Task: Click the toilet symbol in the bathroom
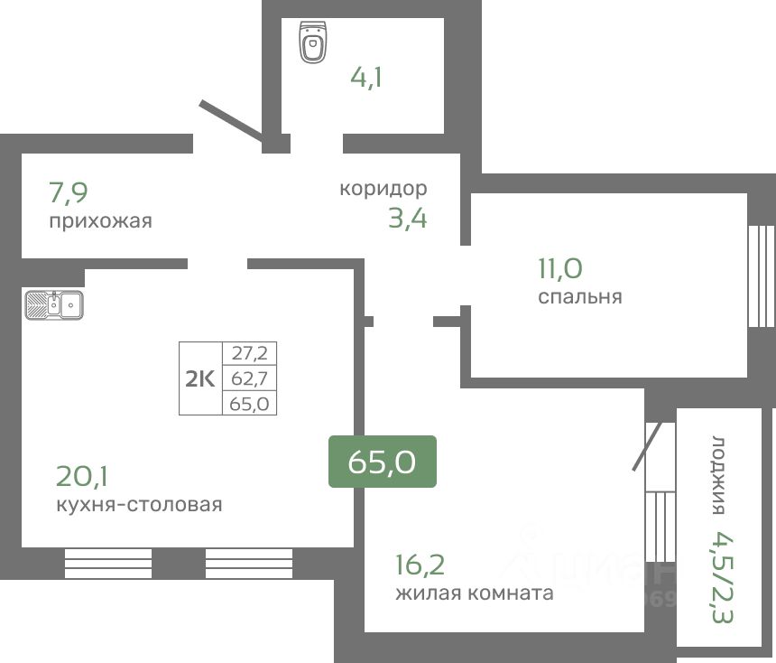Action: click(x=314, y=43)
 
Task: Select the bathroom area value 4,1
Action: click(x=366, y=77)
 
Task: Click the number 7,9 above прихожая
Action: click(x=69, y=192)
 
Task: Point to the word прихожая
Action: click(x=100, y=220)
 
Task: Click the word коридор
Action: click(x=383, y=189)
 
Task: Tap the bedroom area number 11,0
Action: click(x=560, y=268)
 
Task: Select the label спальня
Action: click(x=580, y=296)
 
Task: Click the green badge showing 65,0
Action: click(x=382, y=462)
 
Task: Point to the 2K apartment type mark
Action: click(x=200, y=379)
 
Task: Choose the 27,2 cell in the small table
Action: click(x=249, y=354)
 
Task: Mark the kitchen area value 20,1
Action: click(x=81, y=475)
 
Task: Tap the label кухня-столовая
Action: click(x=138, y=504)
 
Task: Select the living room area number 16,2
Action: click(x=420, y=565)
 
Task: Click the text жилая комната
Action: click(x=474, y=593)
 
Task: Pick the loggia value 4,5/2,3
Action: click(x=722, y=577)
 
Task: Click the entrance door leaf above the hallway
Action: click(x=231, y=121)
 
